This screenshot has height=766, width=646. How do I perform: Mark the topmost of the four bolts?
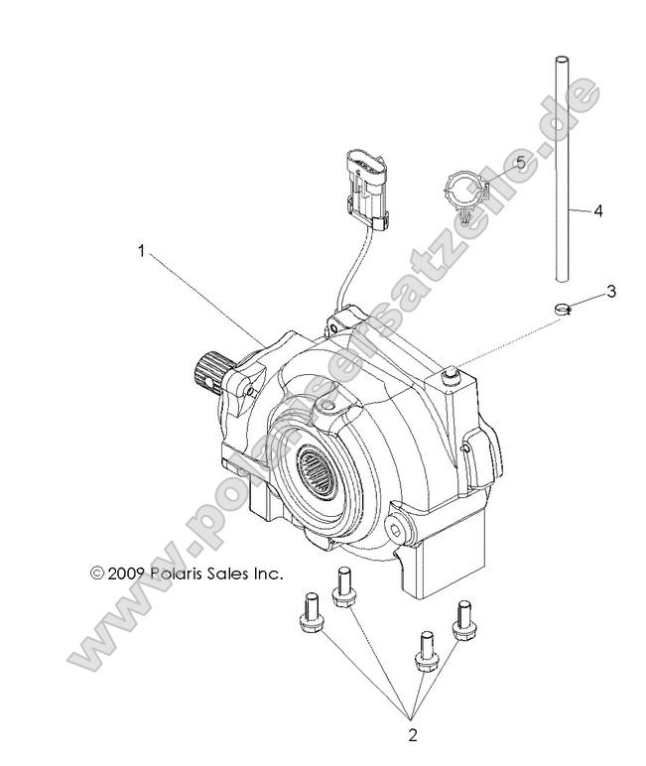[x=345, y=583]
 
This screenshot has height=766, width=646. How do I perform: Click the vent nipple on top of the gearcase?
[x=452, y=376]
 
